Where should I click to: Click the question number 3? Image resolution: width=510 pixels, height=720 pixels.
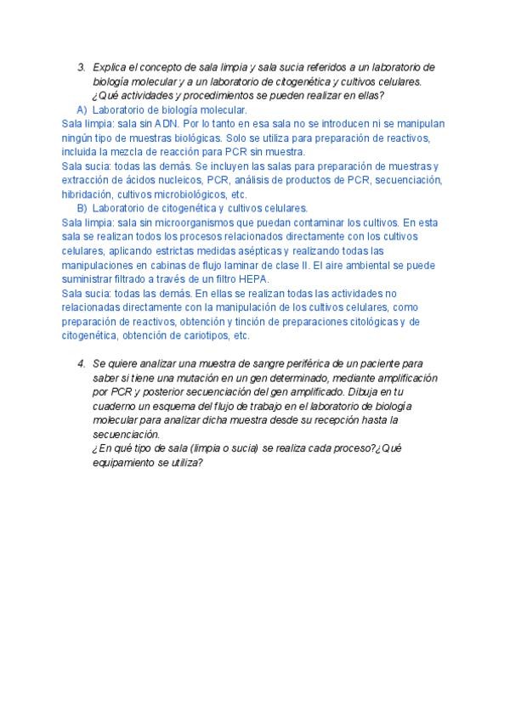pyautogui.click(x=81, y=67)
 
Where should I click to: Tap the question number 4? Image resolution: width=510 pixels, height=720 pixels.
pyautogui.click(x=81, y=363)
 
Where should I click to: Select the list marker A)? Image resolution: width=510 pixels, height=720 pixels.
pyautogui.click(x=82, y=110)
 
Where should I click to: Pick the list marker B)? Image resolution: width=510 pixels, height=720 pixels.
pyautogui.click(x=82, y=208)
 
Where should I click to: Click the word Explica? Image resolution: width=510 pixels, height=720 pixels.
pyautogui.click(x=109, y=67)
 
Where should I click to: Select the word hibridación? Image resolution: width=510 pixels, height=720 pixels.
pyautogui.click(x=88, y=194)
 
